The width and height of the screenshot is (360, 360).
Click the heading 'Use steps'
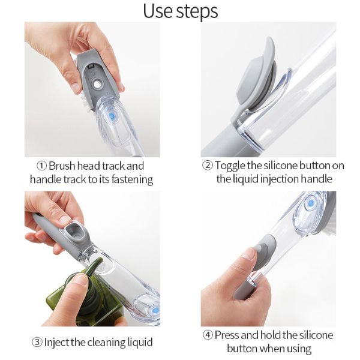180,10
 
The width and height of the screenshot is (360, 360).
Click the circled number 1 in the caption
41,166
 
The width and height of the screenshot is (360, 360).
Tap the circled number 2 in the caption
208,166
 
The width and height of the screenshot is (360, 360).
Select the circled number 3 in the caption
37,343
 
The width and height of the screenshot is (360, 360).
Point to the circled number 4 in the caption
208,335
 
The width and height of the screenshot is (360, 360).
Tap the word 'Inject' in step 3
57,343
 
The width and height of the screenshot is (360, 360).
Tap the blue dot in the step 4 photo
310,203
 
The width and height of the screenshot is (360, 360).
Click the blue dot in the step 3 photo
155,310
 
